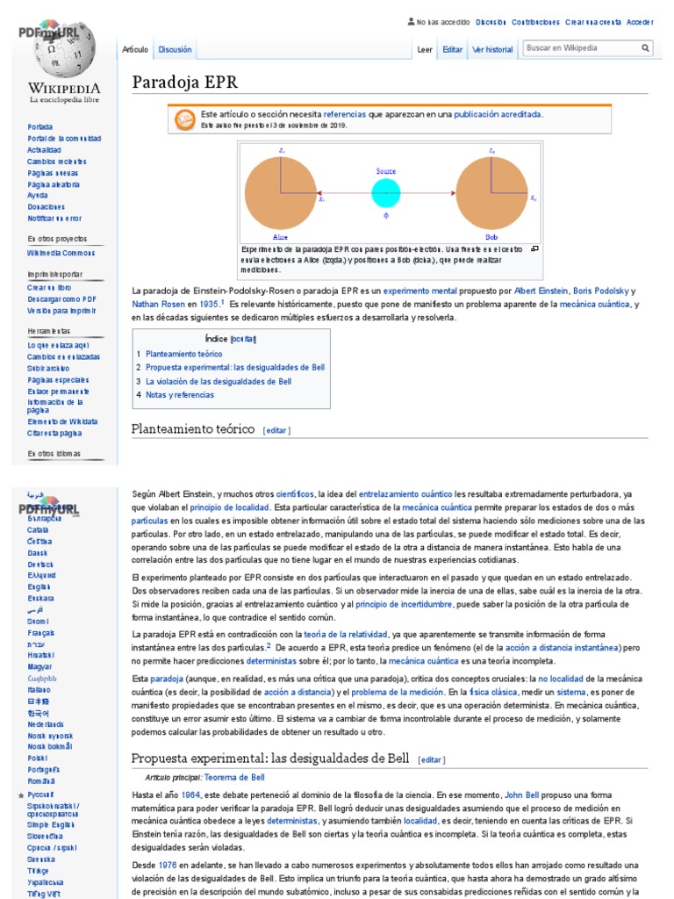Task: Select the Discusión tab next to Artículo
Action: point(175,50)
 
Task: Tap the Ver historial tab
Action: point(492,50)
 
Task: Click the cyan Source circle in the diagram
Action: point(385,193)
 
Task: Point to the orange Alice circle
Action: point(280,193)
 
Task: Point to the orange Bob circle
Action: point(491,193)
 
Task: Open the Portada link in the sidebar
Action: point(39,126)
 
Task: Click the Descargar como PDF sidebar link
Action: point(61,298)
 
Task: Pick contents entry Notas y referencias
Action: point(179,395)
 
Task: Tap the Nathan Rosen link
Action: point(158,304)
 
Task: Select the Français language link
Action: point(40,632)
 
